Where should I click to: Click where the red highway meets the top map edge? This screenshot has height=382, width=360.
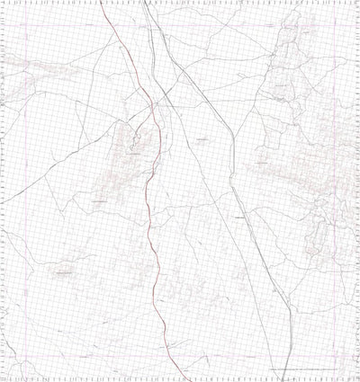[101, 3]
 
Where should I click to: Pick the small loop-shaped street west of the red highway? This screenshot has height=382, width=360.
[136, 139]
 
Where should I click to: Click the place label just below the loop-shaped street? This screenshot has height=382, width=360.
[135, 155]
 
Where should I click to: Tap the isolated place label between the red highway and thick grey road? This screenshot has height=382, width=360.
[202, 140]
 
